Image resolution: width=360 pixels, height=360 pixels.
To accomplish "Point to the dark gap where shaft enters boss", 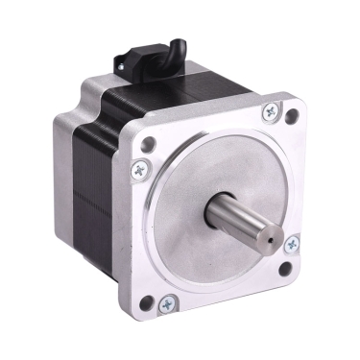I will click(213, 209).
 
